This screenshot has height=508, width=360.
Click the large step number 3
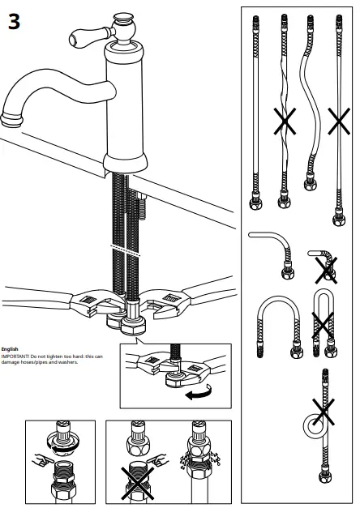(x=14, y=22)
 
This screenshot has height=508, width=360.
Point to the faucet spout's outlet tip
(x=11, y=119)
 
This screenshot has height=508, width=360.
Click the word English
(x=10, y=349)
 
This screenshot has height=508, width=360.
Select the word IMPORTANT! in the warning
(x=15, y=356)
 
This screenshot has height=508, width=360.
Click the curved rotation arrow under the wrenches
(x=199, y=391)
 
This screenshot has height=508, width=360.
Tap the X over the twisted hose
(x=285, y=122)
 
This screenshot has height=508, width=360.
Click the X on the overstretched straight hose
(x=339, y=122)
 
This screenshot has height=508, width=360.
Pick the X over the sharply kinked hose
(x=326, y=271)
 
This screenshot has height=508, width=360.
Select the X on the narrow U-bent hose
(x=323, y=325)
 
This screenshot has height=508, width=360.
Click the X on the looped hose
(x=324, y=412)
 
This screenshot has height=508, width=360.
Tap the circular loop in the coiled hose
(x=314, y=425)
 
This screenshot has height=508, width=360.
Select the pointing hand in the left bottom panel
(x=43, y=459)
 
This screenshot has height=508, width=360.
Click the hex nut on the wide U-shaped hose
(x=297, y=352)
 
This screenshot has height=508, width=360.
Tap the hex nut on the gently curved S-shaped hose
(x=311, y=184)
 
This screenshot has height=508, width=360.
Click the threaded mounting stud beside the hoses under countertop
(x=142, y=207)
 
